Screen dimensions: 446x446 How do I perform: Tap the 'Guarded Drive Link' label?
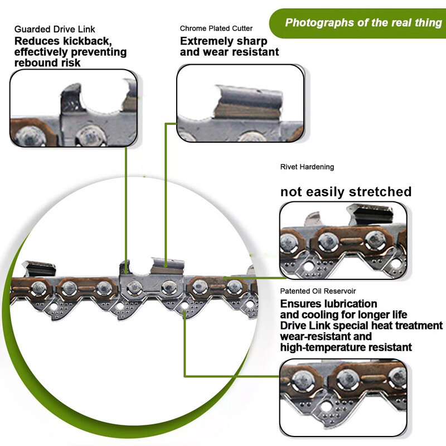(x=55, y=29)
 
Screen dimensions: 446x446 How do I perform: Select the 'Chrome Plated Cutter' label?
(x=216, y=28)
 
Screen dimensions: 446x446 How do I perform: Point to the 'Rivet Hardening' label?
(x=307, y=167)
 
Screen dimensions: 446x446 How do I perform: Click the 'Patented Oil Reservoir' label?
(x=318, y=291)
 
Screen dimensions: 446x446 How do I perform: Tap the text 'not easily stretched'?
(x=346, y=192)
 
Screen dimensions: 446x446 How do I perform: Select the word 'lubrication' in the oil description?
(x=353, y=304)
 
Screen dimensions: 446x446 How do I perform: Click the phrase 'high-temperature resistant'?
(x=346, y=347)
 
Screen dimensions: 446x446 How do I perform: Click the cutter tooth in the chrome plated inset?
(x=248, y=102)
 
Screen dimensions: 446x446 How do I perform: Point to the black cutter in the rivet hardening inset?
(x=371, y=215)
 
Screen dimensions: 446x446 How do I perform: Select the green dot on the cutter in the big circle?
(x=166, y=266)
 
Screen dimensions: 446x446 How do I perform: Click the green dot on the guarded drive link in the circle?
(x=126, y=272)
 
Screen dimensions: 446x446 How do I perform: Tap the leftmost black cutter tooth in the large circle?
(x=39, y=269)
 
